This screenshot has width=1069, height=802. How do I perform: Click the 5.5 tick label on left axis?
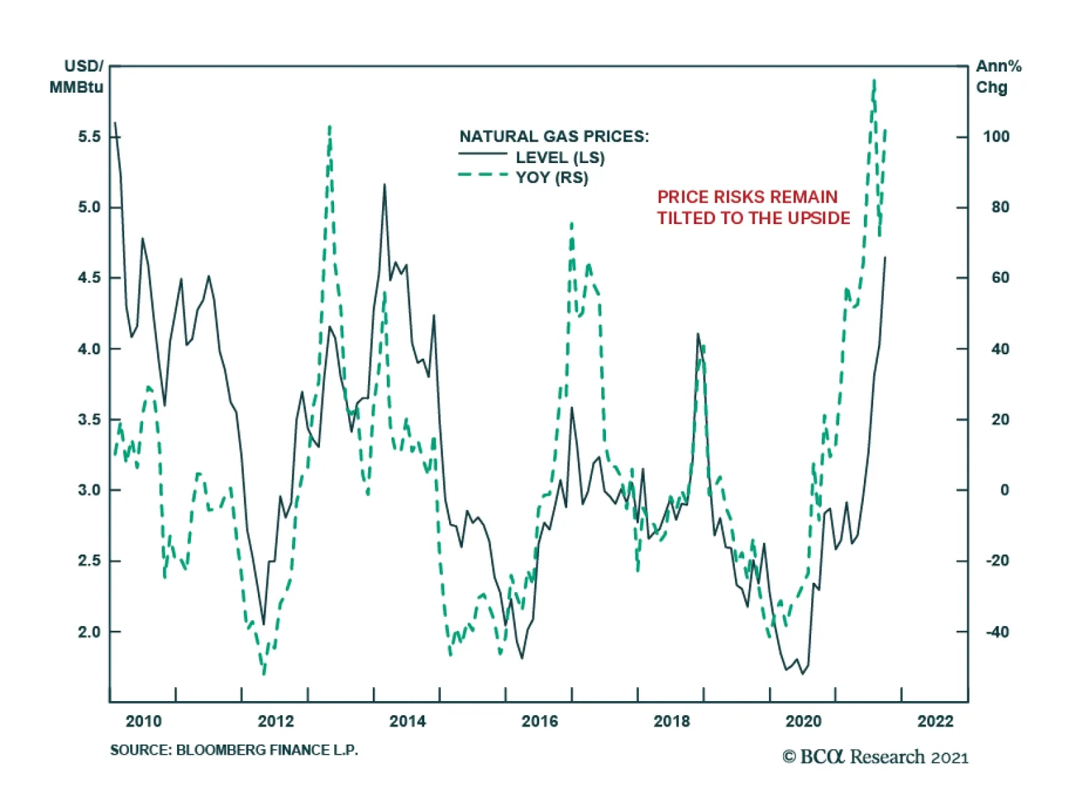(x=89, y=137)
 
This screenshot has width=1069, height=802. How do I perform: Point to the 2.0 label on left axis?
(x=89, y=632)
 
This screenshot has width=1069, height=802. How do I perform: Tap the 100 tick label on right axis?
(x=996, y=137)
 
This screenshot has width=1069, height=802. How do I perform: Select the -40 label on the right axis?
(x=997, y=632)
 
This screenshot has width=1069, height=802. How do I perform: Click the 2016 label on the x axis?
(x=539, y=721)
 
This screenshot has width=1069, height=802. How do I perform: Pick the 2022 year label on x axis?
(x=935, y=721)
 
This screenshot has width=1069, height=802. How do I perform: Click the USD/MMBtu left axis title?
(x=77, y=77)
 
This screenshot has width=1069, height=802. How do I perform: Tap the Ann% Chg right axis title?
(x=998, y=77)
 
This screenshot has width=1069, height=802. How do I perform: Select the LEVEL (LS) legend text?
(x=560, y=158)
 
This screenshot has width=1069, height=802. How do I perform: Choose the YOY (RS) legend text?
(x=552, y=178)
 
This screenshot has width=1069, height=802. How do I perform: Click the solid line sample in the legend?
(x=482, y=154)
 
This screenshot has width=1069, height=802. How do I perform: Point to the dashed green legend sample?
(x=482, y=175)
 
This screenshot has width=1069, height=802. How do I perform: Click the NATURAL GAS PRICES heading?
(x=554, y=136)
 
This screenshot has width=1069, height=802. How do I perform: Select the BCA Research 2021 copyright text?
(x=875, y=757)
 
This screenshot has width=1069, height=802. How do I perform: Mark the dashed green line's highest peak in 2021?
(x=874, y=81)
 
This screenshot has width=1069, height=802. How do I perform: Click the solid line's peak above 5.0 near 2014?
(x=384, y=185)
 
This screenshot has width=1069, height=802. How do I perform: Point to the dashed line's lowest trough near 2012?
(x=264, y=673)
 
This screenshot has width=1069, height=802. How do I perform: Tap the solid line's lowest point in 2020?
(x=802, y=673)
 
